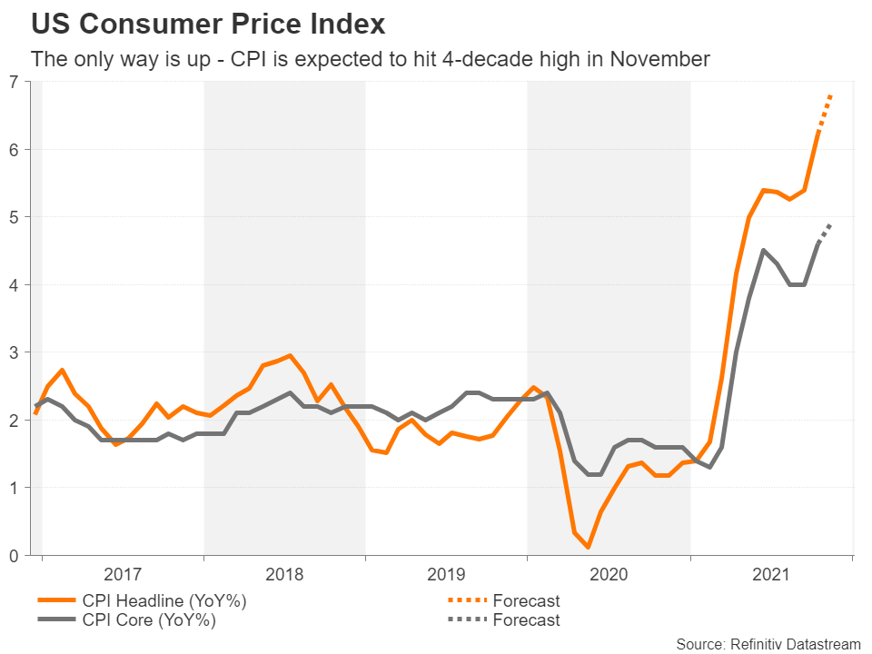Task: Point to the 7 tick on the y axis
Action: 13,82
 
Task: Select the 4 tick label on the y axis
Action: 13,285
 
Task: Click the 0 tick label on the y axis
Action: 13,556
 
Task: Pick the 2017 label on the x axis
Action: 123,574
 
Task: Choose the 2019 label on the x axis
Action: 446,574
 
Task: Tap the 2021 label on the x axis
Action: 770,574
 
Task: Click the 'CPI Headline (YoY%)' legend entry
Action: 163,600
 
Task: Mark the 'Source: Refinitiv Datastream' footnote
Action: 768,643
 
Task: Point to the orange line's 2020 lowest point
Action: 589,547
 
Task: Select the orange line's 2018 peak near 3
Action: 289,355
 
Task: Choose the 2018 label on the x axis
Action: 284,574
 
